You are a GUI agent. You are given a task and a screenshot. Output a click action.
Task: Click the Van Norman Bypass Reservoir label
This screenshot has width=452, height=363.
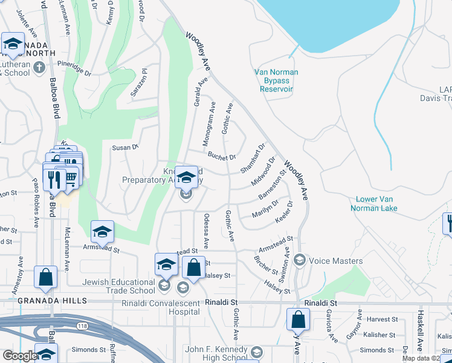tap(276, 80)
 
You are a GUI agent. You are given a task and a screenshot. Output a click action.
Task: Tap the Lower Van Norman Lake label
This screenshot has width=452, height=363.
tap(376, 203)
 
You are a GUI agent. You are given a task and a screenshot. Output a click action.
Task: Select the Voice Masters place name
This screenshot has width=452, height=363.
tap(335, 261)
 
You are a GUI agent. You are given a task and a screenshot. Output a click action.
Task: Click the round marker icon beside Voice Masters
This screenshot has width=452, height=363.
tap(299, 261)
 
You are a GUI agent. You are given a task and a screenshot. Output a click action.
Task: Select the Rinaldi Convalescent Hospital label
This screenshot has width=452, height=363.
tap(160, 307)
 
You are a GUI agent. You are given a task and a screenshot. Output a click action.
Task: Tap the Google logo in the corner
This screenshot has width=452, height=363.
tap(19, 356)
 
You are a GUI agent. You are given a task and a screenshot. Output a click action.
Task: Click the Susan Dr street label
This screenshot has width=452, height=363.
tap(126, 146)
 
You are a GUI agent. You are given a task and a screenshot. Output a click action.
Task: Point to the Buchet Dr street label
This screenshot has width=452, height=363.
tap(221, 156)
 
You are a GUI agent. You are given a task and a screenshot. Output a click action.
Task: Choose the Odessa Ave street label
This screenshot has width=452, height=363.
tap(206, 231)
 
